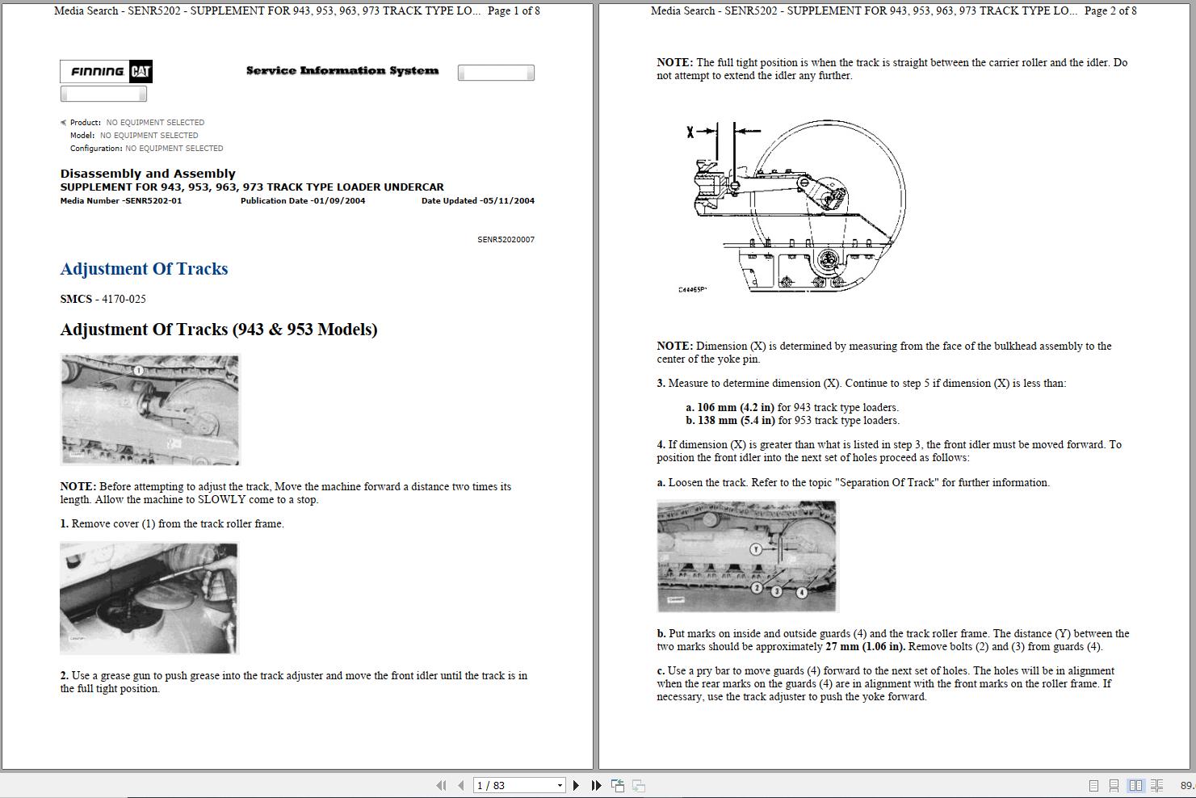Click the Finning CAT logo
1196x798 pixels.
106,72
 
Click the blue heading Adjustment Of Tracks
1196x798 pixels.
144,269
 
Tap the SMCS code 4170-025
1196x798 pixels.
124,299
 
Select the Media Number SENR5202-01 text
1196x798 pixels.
120,201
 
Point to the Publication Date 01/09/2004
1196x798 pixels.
302,201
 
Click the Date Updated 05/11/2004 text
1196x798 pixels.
477,201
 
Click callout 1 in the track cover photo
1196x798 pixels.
138,370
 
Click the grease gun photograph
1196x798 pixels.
149,598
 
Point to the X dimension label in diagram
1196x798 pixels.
690,132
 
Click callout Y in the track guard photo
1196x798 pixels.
756,549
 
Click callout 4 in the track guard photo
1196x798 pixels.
801,592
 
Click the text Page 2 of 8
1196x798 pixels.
1110,11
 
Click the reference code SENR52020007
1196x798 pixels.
506,240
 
